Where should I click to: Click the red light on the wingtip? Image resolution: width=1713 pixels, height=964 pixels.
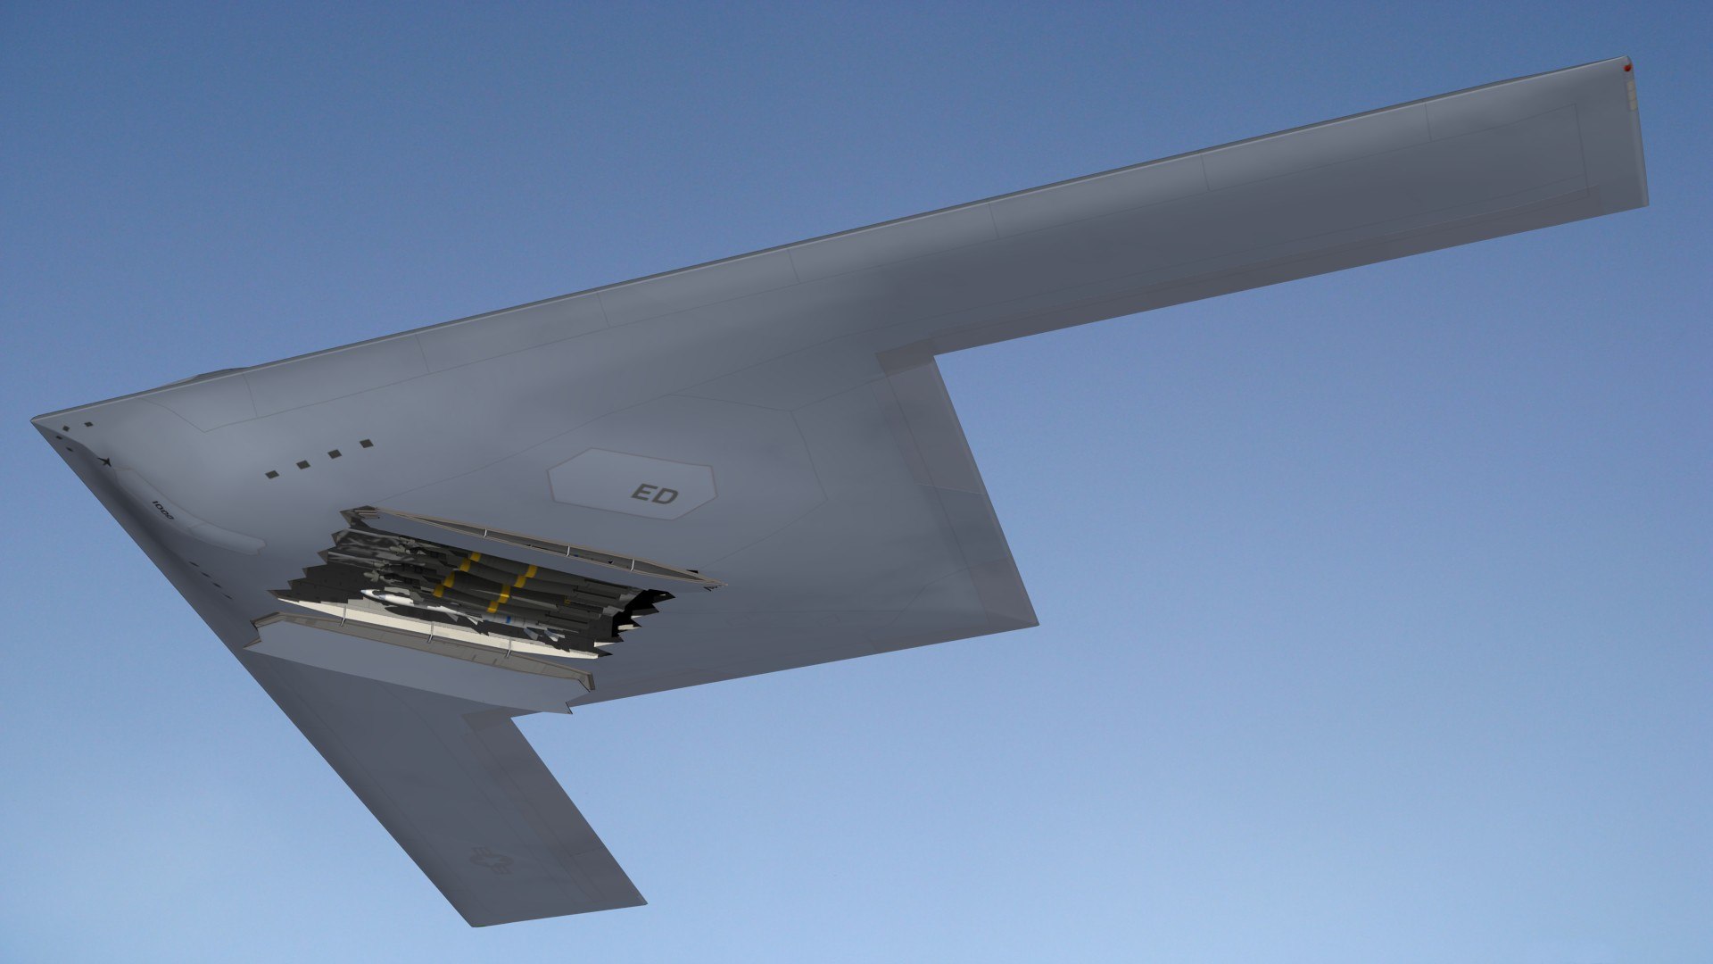[x=1627, y=68]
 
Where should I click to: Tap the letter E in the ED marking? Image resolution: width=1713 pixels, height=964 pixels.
[x=642, y=493]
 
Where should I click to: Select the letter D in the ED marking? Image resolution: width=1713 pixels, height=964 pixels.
[x=667, y=496]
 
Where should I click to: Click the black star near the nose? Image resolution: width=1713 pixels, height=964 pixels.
[x=106, y=461]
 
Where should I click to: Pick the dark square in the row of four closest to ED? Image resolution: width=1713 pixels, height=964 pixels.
[x=366, y=443]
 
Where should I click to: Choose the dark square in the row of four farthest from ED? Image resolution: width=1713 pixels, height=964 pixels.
[x=272, y=474]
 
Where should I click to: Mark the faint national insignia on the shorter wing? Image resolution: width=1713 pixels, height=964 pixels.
[x=492, y=860]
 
